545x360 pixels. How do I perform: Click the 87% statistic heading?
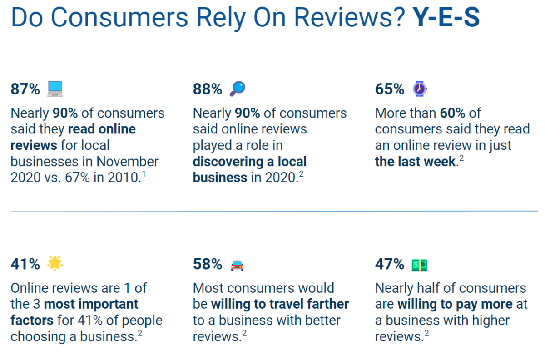[x=25, y=89]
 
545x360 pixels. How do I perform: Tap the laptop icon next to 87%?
[x=55, y=89]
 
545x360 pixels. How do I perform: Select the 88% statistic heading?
[x=208, y=89]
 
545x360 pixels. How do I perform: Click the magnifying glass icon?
[x=237, y=89]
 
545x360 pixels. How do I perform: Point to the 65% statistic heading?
[x=390, y=89]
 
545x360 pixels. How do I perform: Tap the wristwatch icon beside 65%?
[x=420, y=89]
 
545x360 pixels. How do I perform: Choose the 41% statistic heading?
[x=25, y=264]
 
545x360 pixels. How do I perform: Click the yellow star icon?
[x=55, y=263]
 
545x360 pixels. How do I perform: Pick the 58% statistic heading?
[x=208, y=264]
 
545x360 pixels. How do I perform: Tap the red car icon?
[x=237, y=265]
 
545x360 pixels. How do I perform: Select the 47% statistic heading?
[x=390, y=264]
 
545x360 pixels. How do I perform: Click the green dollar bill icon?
[x=420, y=264]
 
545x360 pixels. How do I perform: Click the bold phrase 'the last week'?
[x=415, y=162]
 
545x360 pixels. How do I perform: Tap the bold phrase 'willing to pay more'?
[x=455, y=304]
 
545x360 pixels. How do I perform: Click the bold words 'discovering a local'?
[x=250, y=162]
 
